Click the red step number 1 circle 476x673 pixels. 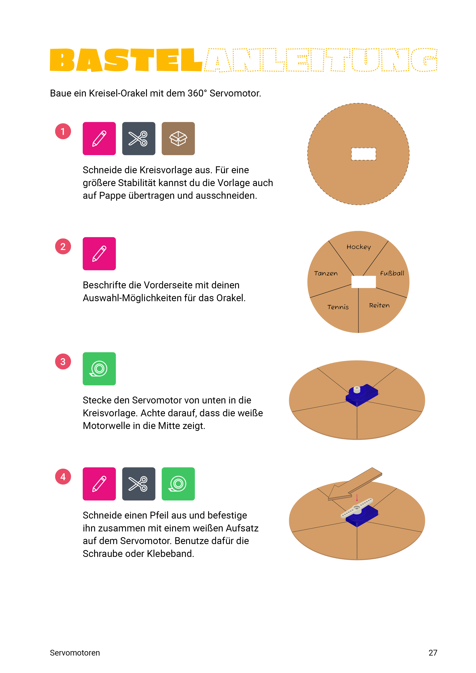point(63,131)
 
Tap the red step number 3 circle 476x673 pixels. point(63,361)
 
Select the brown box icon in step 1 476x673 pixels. point(178,138)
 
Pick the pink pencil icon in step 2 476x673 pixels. point(99,254)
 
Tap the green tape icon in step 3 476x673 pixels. point(99,369)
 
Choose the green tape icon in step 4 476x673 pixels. point(178,484)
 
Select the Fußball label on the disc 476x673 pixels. point(392,273)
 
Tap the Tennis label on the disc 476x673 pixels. point(338,307)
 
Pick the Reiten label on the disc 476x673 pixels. point(379,305)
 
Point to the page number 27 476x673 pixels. point(433,653)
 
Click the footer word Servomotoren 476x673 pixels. point(75,653)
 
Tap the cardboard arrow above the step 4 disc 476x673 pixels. point(355,484)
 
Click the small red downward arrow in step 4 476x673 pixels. point(357,498)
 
